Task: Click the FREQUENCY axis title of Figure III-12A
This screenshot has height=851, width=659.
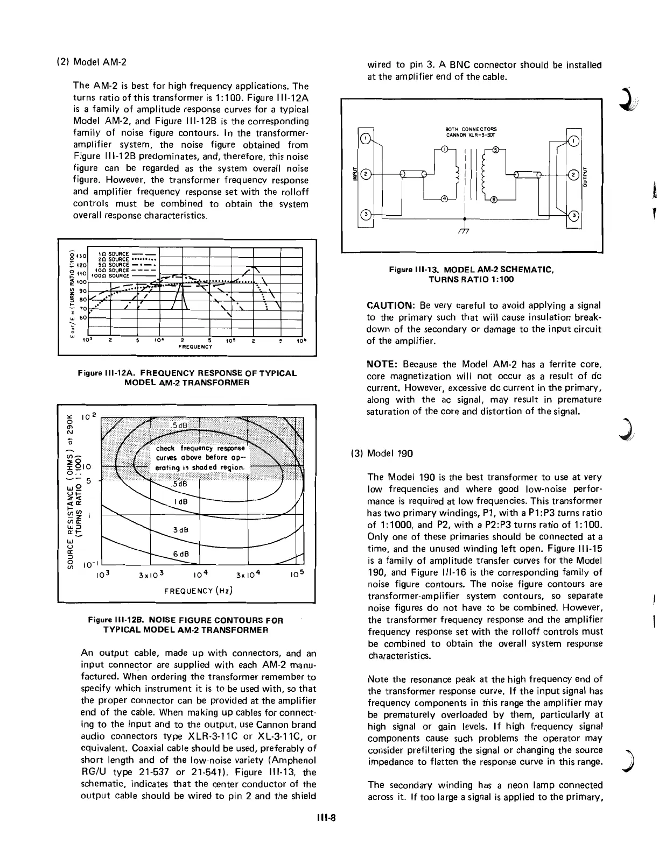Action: pyautogui.click(x=195, y=347)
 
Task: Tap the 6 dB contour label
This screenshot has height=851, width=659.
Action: pyautogui.click(x=180, y=554)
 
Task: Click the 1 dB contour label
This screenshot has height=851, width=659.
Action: pyautogui.click(x=180, y=501)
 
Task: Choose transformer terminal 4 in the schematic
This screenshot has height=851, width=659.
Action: pyautogui.click(x=445, y=199)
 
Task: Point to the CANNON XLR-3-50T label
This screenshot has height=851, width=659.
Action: pyautogui.click(x=464, y=135)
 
